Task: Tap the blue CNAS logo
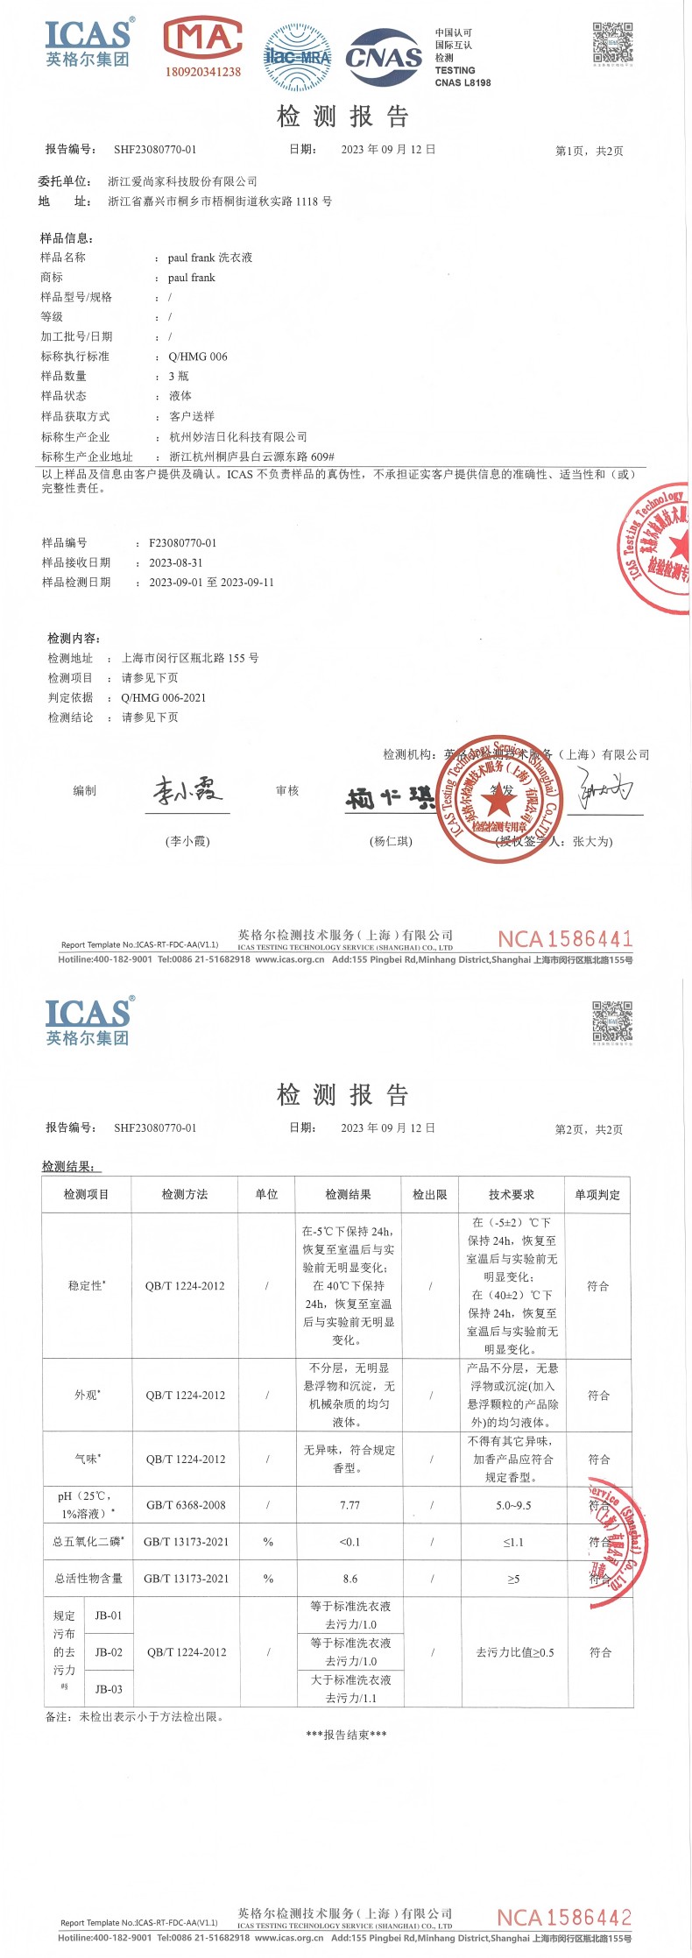(384, 58)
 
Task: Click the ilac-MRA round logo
(298, 58)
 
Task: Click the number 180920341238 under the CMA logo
(202, 72)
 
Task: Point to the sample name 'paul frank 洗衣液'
(210, 258)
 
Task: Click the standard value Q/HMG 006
(198, 357)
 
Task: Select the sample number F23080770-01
(182, 543)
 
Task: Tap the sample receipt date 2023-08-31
(175, 563)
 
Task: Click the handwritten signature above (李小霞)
(187, 791)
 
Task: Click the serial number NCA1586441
(565, 939)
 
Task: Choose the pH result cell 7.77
(350, 1505)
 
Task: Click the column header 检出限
(430, 1194)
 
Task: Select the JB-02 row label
(109, 1652)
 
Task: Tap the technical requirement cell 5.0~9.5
(513, 1505)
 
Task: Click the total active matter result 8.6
(350, 1579)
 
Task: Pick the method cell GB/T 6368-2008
(186, 1505)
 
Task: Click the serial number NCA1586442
(564, 1918)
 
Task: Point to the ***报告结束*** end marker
(346, 1735)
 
